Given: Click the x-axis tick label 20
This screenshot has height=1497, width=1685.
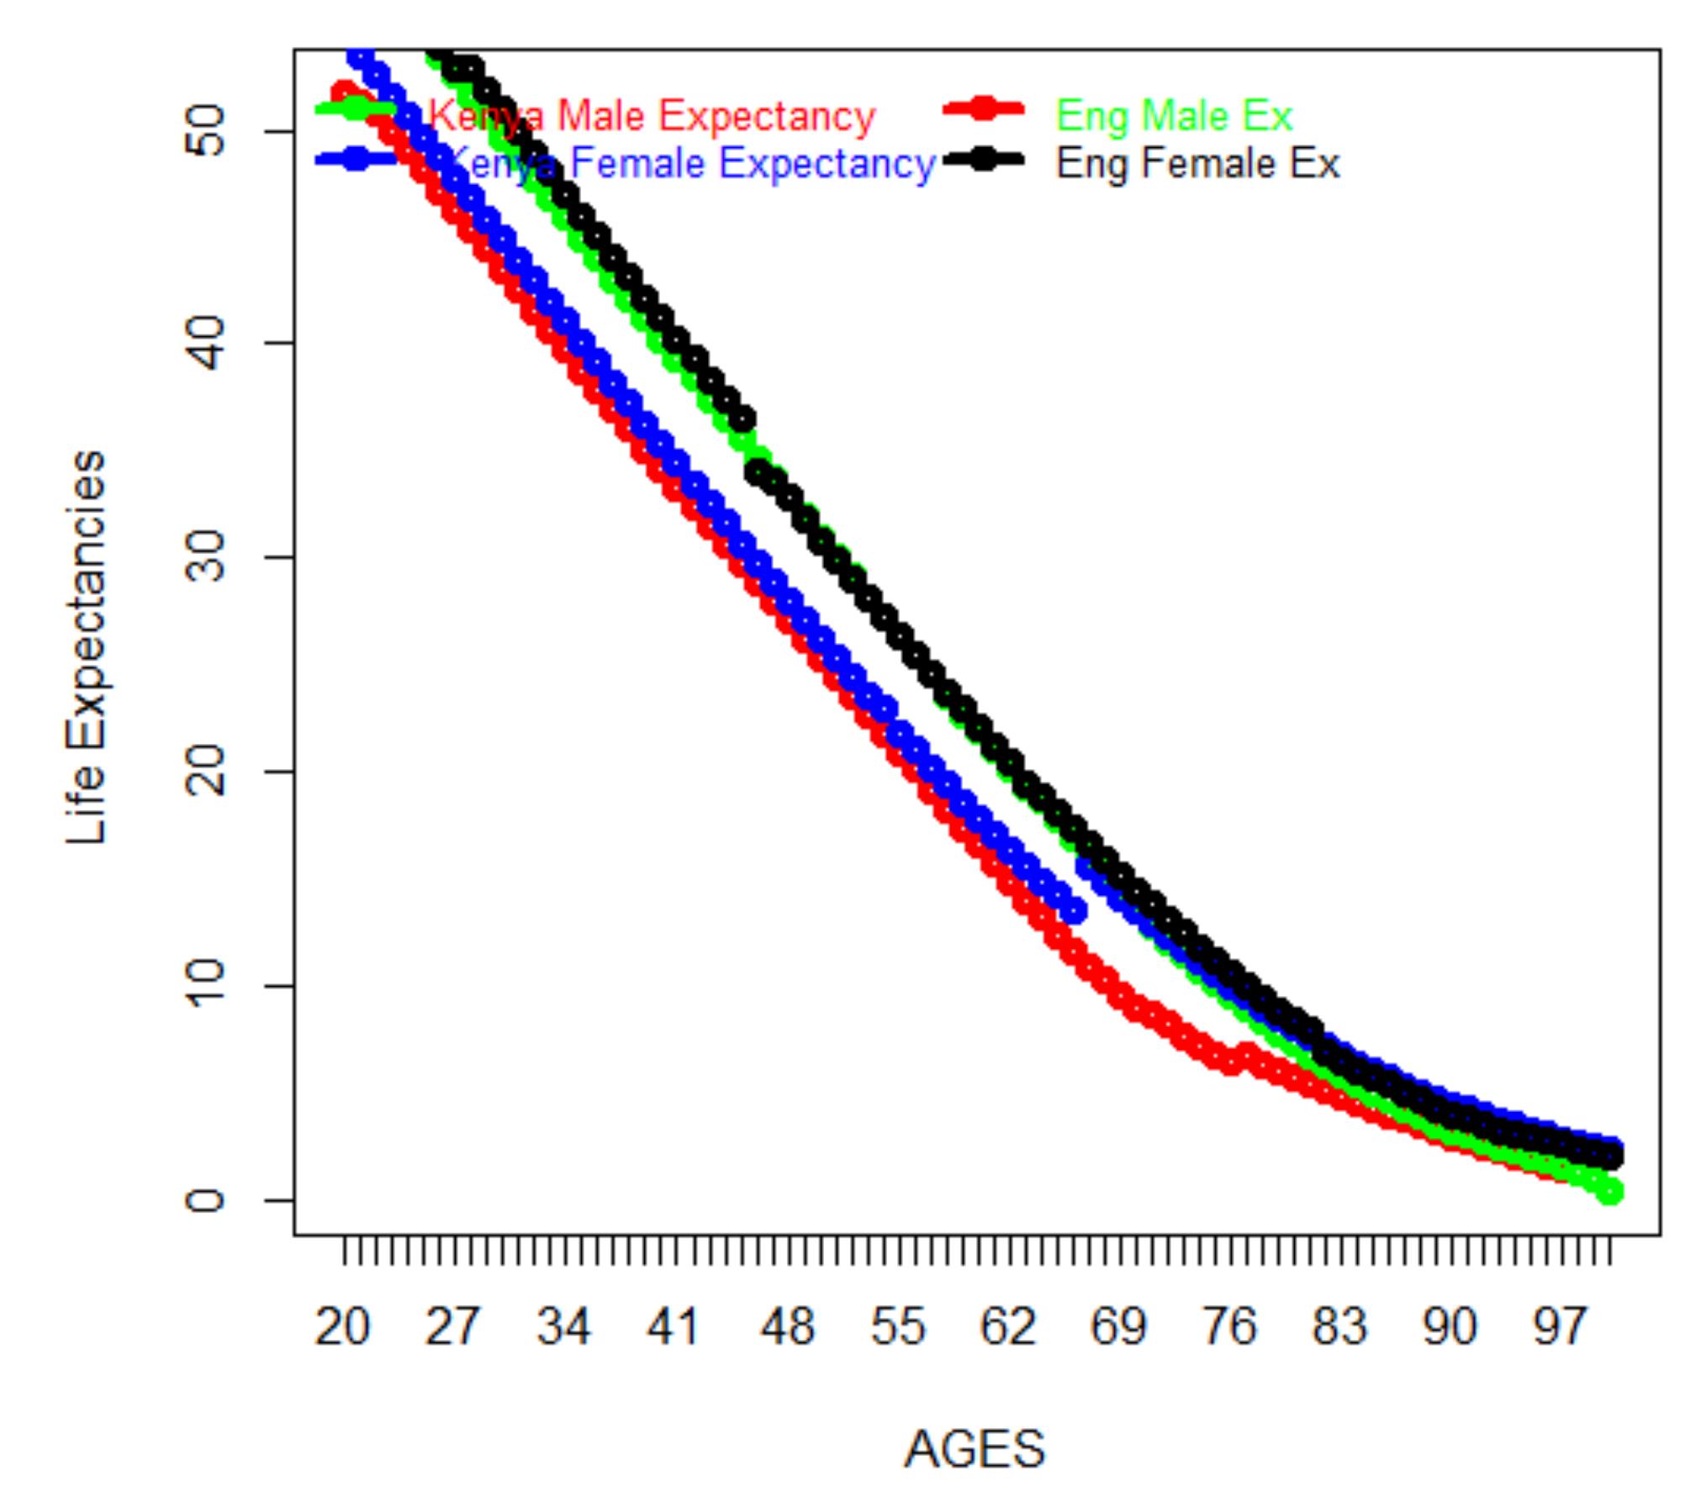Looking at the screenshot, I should click(342, 1327).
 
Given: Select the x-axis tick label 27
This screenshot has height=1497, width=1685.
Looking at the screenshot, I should click(452, 1327).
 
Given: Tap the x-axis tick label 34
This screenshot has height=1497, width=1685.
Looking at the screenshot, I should click(563, 1327).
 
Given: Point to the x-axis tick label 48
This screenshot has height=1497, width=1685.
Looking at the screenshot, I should click(787, 1327).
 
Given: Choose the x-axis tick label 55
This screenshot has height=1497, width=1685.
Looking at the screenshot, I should click(898, 1327).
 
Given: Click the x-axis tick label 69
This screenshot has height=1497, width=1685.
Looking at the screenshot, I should click(1118, 1327).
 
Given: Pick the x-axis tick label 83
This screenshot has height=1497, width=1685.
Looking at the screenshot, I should click(1340, 1327).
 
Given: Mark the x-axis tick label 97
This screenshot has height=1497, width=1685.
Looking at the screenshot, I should click(1561, 1327).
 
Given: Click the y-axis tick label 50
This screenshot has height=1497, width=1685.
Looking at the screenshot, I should click(204, 131).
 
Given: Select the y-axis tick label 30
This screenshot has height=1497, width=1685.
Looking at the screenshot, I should click(204, 556).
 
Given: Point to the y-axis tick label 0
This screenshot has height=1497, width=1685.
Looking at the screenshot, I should click(204, 1199).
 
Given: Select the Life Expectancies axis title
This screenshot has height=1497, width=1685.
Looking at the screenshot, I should click(87, 647).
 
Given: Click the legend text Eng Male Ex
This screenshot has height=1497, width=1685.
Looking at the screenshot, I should click(1174, 116).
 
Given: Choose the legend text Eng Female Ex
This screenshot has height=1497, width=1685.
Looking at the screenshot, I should click(1197, 164).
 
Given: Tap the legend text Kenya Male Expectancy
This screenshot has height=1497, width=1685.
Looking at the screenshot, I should click(652, 116).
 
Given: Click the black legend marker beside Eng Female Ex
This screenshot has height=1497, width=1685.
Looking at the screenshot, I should click(983, 160).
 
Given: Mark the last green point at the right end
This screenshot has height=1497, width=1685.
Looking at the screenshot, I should click(1610, 1191).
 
